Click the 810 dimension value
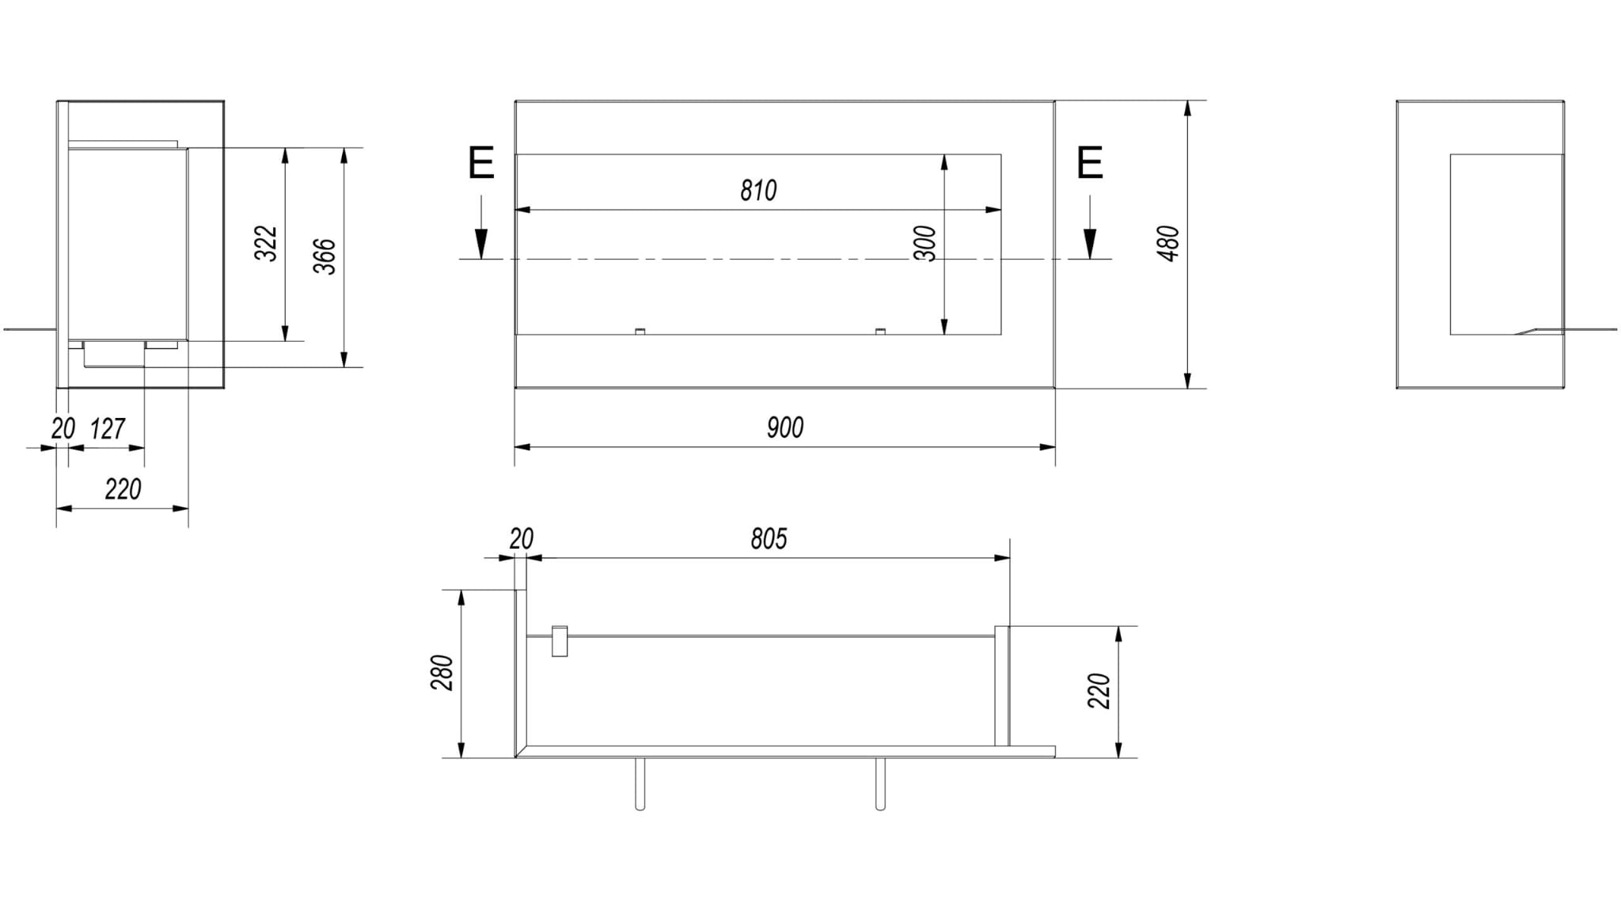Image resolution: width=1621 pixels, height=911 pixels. [x=758, y=191]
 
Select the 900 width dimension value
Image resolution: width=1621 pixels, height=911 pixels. [x=785, y=428]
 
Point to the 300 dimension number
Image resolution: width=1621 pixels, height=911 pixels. [x=925, y=244]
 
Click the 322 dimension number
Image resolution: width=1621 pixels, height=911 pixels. [x=267, y=244]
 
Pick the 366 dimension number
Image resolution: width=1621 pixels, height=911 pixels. [x=325, y=256]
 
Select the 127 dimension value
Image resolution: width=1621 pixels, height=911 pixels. [x=108, y=429]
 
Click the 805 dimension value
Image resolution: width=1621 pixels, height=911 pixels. [x=769, y=539]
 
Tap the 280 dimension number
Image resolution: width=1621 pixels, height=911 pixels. [x=442, y=673]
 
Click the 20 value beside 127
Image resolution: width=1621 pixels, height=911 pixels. [x=63, y=429]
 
